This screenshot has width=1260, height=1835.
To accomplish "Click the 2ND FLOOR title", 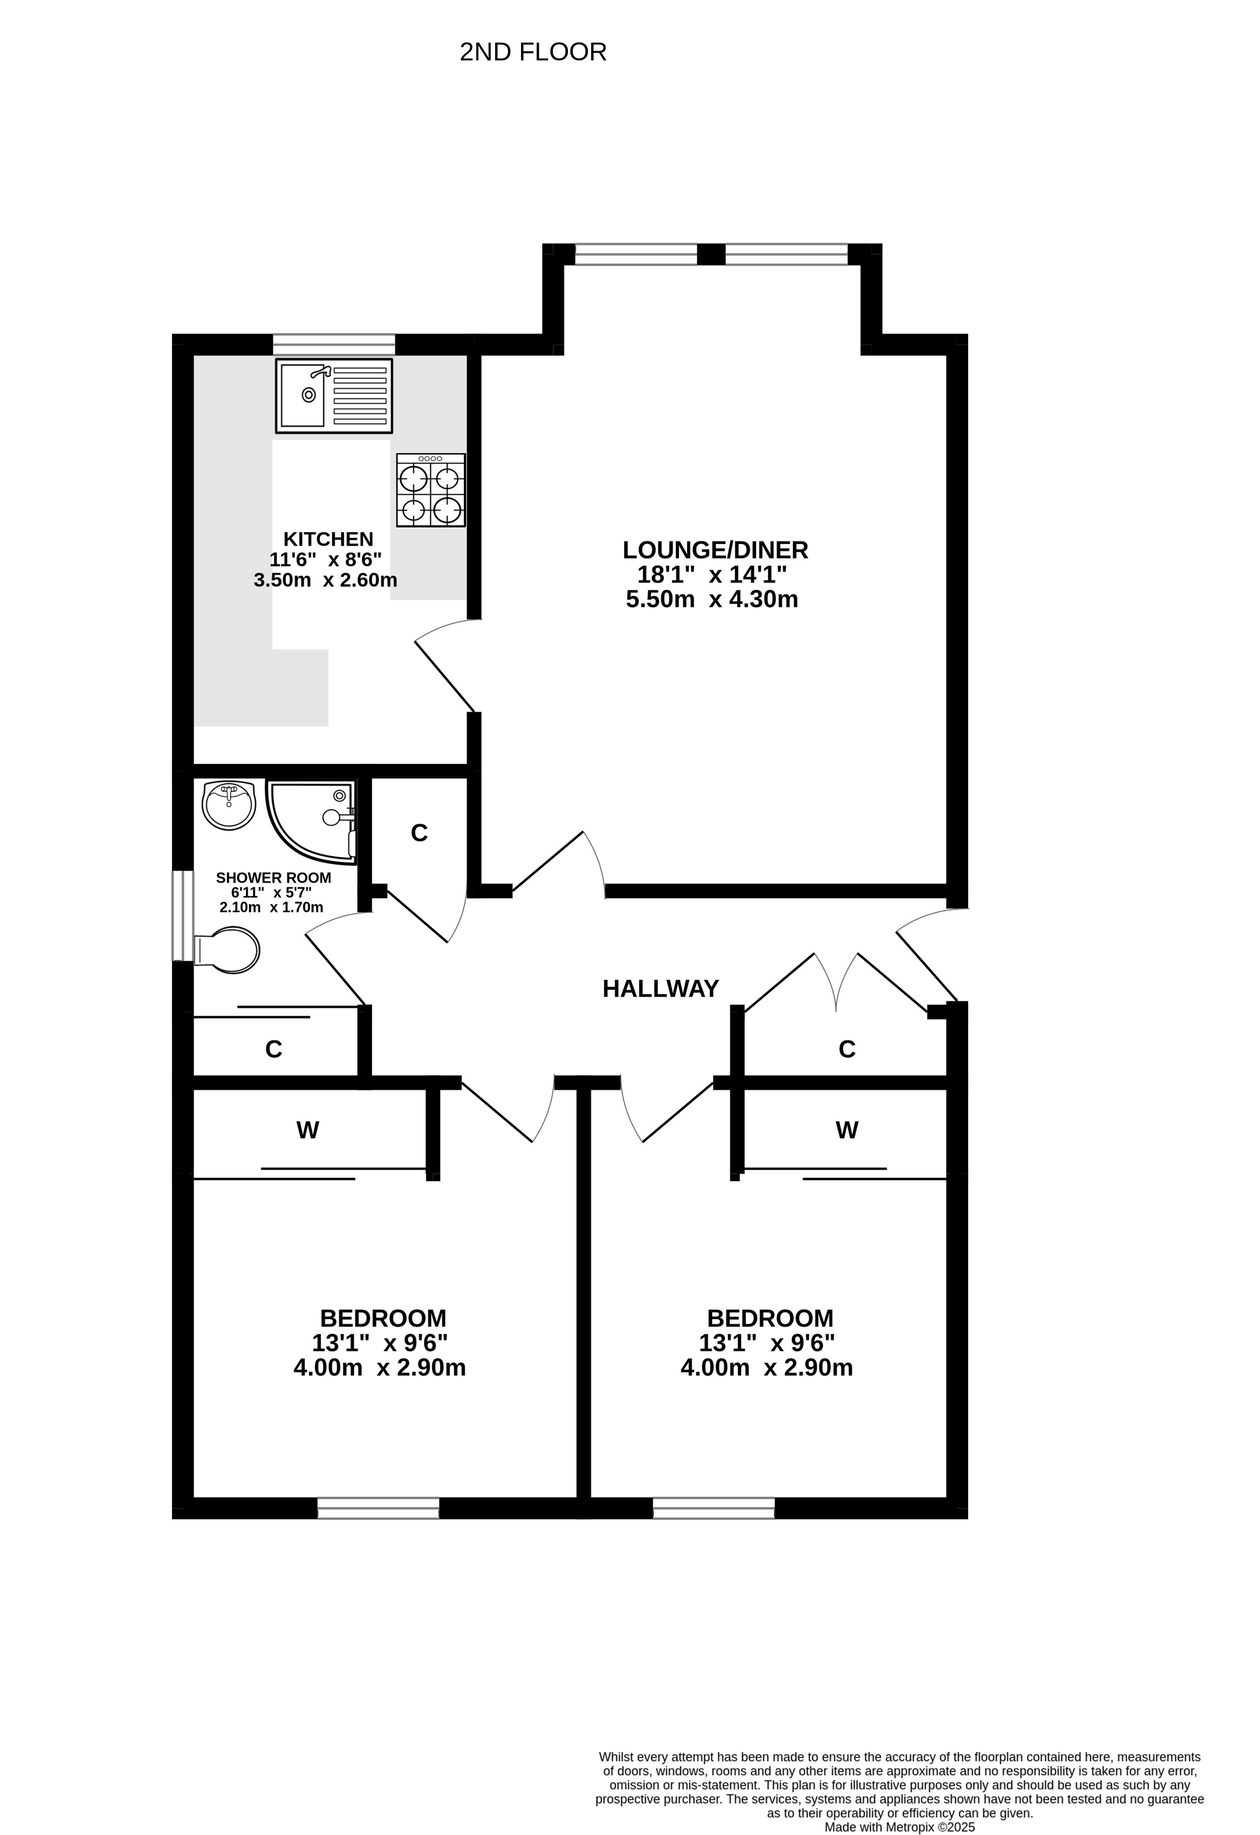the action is pos(533,52).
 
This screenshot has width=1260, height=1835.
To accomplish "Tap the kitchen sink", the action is pos(334,396).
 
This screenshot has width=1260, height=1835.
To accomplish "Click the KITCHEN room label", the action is pos(328,539).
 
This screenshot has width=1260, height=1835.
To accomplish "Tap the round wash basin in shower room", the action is pos(228,805).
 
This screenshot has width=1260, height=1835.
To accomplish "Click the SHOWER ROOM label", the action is pos(273,878).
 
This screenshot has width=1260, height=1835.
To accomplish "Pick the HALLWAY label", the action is pos(660,989).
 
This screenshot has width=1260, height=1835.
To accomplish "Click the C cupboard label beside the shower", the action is pos(420,833).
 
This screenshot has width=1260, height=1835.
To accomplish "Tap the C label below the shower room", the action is pos(273,1050).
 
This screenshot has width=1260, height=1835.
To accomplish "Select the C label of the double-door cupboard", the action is pos(847,1050).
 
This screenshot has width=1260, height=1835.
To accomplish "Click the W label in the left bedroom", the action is pos(307,1130).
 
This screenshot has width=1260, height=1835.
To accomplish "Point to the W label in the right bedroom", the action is pos(847,1130).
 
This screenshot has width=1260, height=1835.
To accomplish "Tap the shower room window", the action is pos(183,916).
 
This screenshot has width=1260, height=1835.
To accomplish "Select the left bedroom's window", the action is pos(379,1508).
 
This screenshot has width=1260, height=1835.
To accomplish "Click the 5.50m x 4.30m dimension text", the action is pos(712,599).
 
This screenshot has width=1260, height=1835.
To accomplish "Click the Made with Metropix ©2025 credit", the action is pos(900,1827).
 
